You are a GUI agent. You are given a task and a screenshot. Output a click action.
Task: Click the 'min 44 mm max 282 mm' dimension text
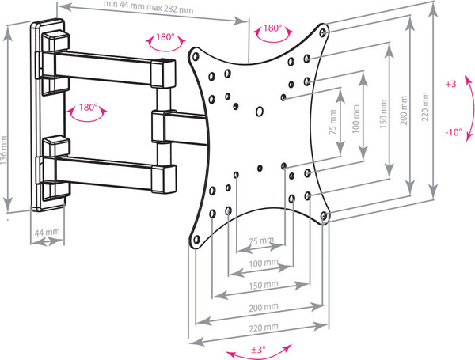[149, 6]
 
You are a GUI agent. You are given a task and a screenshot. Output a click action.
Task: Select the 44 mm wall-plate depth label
[47, 233]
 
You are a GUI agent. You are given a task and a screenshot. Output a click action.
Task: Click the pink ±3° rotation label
[258, 350]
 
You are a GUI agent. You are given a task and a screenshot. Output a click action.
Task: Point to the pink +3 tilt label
[450, 84]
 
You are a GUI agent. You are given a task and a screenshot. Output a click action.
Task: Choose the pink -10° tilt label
[454, 132]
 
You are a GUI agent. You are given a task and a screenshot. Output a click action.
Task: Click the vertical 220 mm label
[425, 107]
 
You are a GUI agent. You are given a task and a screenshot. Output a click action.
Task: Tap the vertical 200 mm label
[404, 111]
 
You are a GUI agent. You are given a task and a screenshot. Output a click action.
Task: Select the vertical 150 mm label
[383, 114]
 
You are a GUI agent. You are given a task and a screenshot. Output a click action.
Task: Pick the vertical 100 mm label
[356, 119]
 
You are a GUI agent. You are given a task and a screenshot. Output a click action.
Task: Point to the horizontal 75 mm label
[261, 241]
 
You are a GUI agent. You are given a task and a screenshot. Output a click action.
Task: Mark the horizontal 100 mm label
[264, 263]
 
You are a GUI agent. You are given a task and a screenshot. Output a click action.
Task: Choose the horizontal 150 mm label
[264, 285]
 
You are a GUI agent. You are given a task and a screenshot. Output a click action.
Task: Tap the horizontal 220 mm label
[264, 328]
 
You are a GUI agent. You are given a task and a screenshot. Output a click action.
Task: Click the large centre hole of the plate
[260, 112]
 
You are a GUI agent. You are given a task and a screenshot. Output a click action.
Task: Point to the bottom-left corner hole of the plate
[196, 240]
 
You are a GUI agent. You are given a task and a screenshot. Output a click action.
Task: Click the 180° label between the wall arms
[88, 108]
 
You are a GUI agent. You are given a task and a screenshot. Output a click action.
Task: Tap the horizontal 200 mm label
[264, 308]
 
